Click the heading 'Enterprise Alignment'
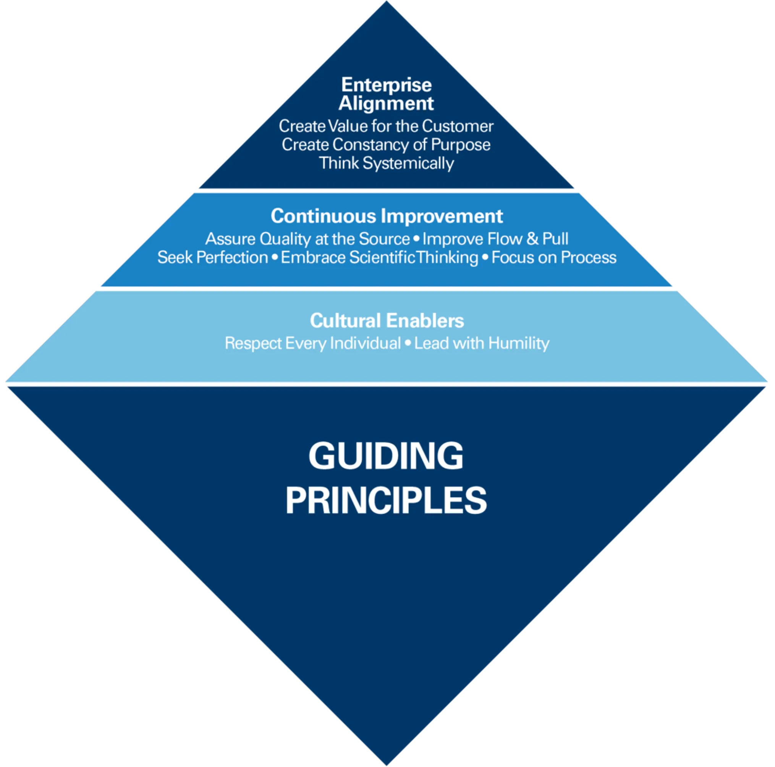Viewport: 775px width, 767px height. [x=386, y=94]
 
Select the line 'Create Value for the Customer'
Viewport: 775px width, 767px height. [x=386, y=126]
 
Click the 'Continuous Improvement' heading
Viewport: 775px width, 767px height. [x=387, y=216]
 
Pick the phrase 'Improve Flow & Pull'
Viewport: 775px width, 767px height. [x=495, y=239]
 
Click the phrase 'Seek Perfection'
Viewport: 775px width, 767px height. [x=213, y=257]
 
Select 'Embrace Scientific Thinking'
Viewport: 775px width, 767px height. [x=379, y=258]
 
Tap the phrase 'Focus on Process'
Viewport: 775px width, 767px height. [x=554, y=257]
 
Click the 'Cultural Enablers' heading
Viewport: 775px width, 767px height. [x=387, y=320]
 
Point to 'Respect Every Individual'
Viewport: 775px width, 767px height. [x=313, y=344]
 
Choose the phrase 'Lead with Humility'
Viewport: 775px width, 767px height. [x=482, y=344]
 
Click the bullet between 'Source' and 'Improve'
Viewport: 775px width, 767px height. [x=416, y=239]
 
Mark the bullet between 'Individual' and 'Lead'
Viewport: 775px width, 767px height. [x=408, y=343]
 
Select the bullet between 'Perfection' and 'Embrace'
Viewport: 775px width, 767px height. [x=275, y=257]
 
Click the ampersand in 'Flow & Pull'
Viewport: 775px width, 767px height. [x=533, y=239]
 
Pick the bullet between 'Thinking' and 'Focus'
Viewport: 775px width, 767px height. [x=485, y=257]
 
